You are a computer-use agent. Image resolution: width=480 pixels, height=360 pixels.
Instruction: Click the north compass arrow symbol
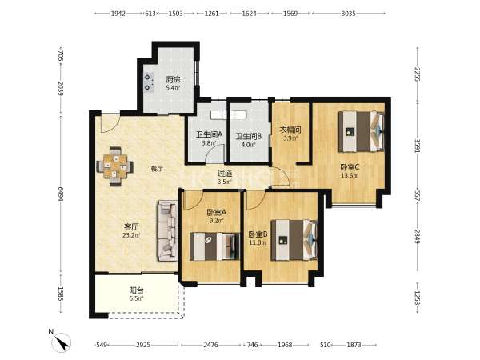point(62,342)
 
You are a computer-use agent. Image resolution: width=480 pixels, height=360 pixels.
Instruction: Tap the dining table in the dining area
point(115,166)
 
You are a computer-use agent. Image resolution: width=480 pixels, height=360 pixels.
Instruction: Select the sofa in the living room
point(168,231)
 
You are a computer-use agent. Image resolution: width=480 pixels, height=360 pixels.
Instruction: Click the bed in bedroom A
point(214,246)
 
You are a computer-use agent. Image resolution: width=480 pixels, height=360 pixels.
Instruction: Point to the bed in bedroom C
point(362,131)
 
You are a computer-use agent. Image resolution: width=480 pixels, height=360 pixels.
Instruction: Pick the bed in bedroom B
point(294,240)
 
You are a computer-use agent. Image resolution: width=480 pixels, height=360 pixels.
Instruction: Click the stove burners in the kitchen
point(149,82)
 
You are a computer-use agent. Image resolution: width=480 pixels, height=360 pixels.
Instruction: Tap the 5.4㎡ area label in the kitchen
point(173,88)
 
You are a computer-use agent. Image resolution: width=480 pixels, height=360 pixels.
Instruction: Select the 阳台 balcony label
point(136,290)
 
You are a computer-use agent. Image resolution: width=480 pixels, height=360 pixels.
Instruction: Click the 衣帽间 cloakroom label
point(290,130)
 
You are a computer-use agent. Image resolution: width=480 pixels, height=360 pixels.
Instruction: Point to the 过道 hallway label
point(225,174)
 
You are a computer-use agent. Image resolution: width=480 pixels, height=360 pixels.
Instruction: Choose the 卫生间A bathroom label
point(209,134)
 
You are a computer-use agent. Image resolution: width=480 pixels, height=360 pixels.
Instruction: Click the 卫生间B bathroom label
point(249,136)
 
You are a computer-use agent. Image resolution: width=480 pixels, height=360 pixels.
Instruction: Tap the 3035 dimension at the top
point(348,14)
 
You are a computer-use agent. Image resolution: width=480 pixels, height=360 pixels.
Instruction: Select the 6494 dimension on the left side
point(61,194)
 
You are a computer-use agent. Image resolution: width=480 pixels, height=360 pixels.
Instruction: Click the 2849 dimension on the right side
point(418,236)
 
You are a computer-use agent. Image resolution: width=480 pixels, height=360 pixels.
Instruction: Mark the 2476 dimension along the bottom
point(211,345)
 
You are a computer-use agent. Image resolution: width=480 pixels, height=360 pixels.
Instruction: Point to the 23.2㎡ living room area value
point(131,235)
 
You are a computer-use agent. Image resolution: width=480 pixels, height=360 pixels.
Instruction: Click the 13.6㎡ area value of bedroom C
point(350,176)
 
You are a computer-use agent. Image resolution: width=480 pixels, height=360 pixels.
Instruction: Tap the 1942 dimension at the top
point(118,14)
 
